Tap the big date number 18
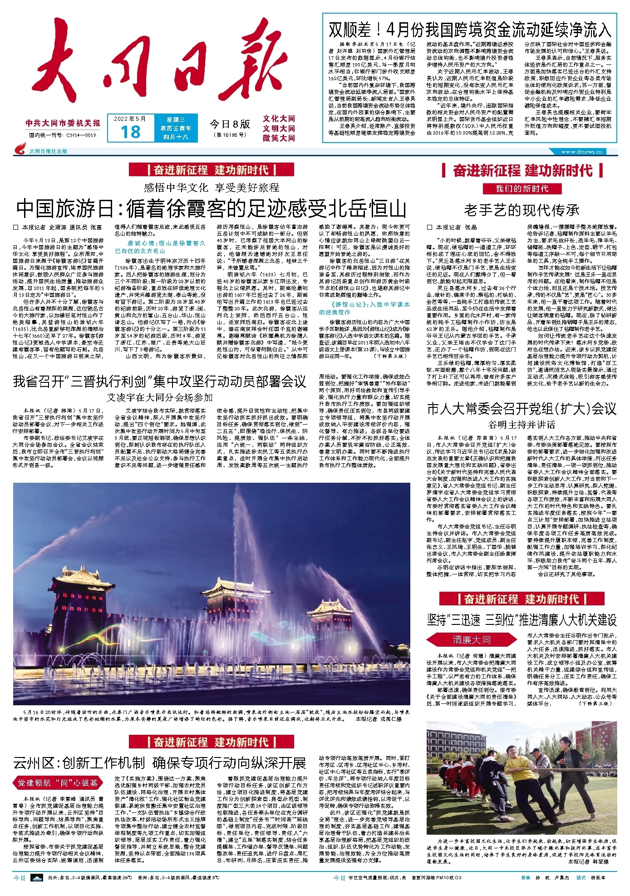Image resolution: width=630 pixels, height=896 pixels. coord(131,132)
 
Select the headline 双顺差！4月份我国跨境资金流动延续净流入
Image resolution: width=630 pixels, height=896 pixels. coord(469,30)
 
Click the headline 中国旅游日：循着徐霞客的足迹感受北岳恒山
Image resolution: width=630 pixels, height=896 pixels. coord(211,209)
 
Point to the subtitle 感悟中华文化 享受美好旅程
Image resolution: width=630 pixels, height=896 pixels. coord(211,187)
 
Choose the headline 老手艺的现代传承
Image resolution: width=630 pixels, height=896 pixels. coord(522,210)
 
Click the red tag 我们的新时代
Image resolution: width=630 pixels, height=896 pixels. coord(522,189)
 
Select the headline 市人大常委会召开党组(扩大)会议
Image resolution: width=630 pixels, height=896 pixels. coord(522,409)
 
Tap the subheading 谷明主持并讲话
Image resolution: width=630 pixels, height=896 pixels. coord(522,425)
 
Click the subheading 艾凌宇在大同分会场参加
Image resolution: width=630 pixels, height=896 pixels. coord(160,397)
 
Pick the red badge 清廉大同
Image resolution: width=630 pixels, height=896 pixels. coord(472,640)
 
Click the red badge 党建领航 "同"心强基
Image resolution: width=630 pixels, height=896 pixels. coord(58,783)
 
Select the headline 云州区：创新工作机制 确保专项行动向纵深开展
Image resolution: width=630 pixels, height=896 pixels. coord(160,763)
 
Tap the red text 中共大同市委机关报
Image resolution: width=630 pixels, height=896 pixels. coord(63,123)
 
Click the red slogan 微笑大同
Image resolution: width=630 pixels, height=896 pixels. coord(279,138)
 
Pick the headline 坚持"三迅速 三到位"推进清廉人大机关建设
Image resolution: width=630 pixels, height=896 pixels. coord(522,620)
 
